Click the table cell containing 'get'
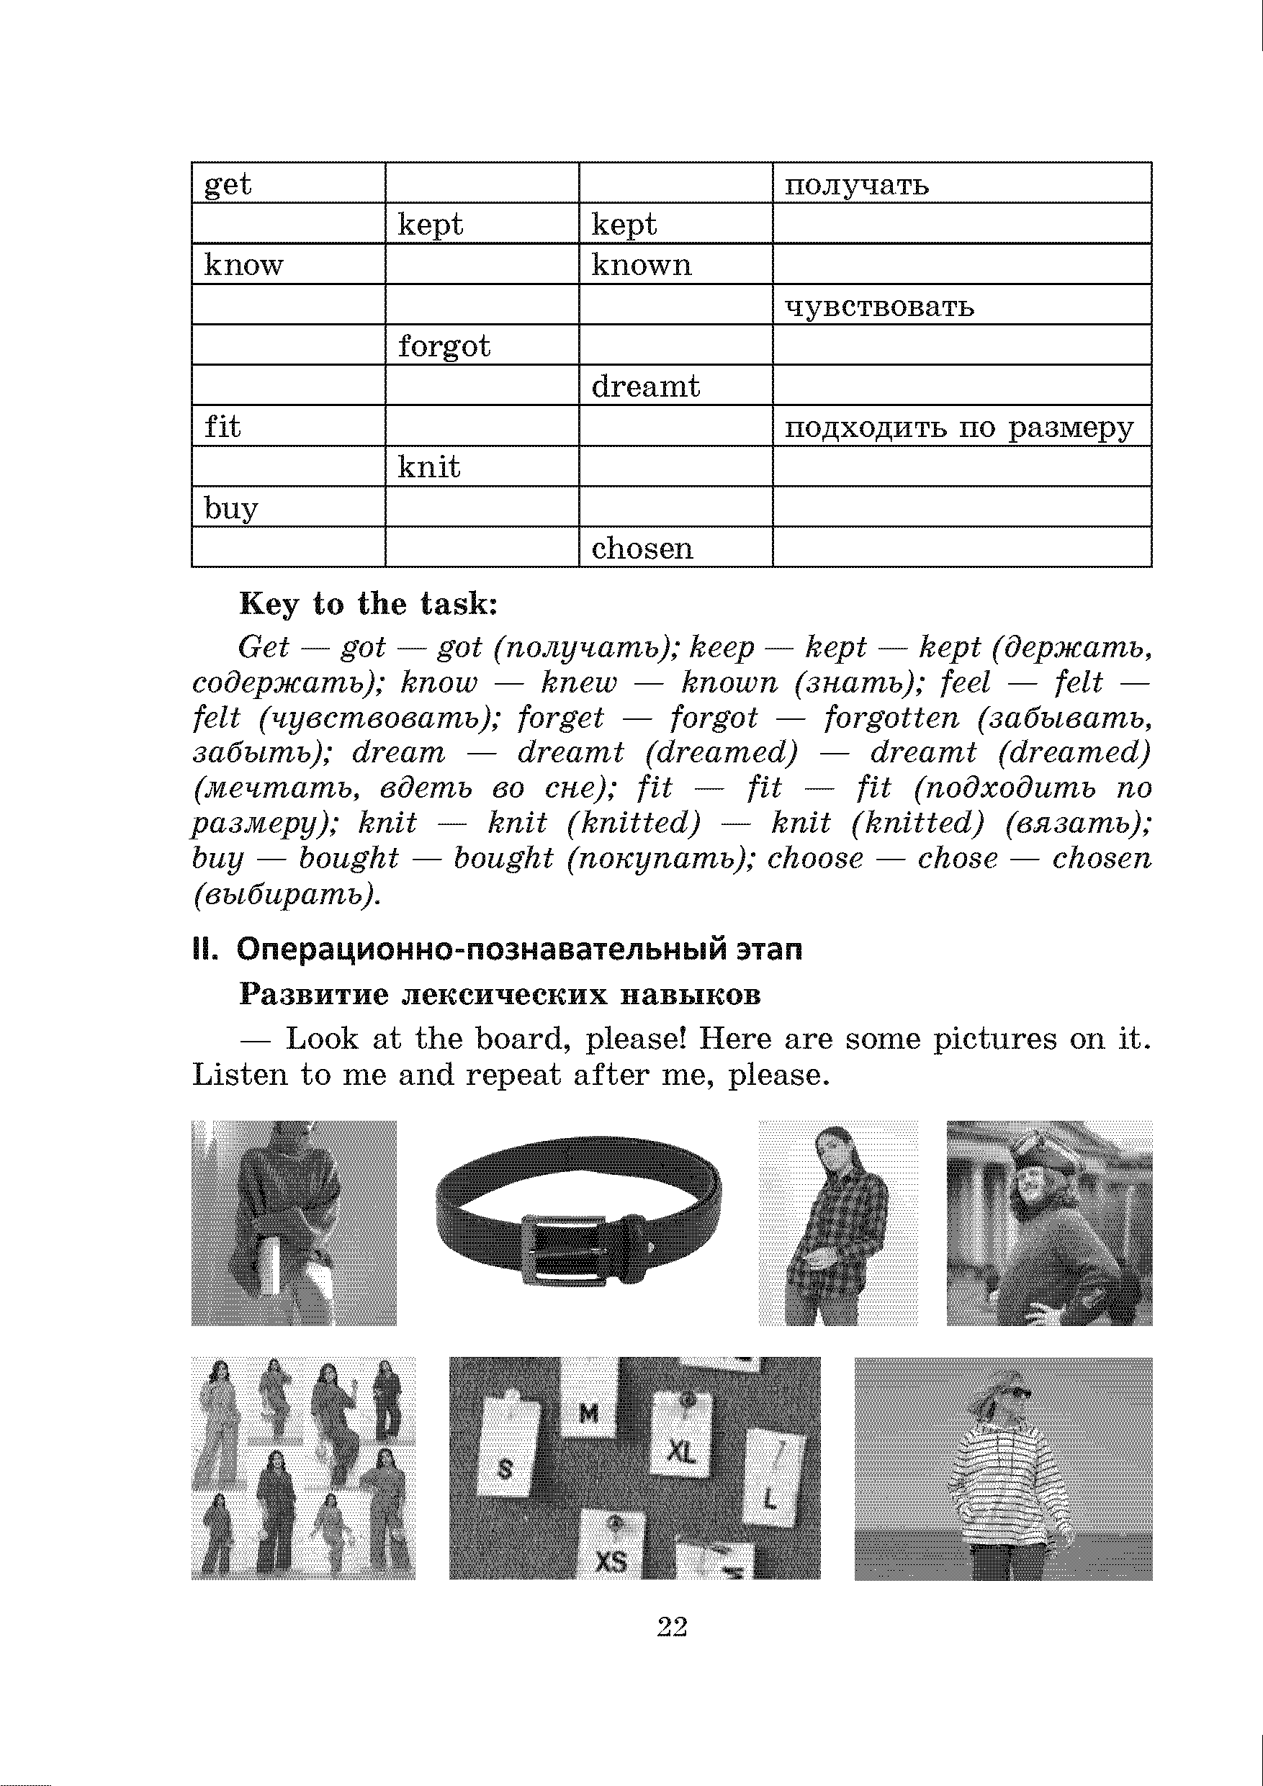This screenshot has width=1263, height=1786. [x=288, y=184]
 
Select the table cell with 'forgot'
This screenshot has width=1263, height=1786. [x=482, y=346]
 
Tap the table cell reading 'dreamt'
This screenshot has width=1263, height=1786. [x=675, y=386]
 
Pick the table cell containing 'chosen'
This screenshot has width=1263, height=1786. [x=675, y=548]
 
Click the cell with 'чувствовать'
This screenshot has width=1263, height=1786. [x=961, y=305]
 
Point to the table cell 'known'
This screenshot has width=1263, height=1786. [x=675, y=264]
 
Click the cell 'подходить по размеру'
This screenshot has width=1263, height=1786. [x=961, y=426]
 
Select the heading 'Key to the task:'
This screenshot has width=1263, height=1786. [x=368, y=605]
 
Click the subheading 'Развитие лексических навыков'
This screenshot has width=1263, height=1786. [x=500, y=995]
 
